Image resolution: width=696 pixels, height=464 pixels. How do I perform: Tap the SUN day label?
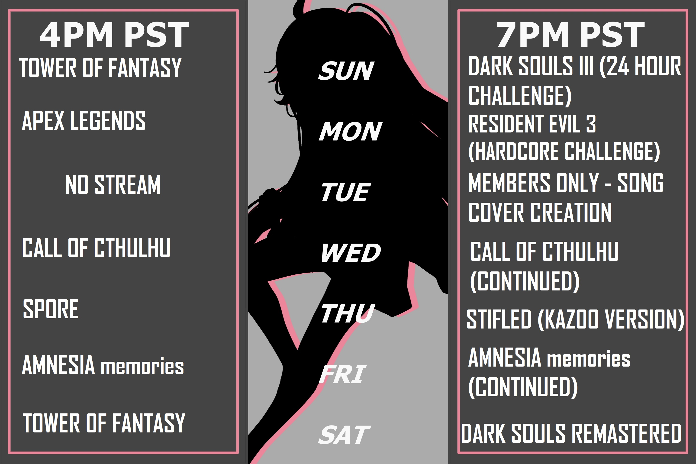346,71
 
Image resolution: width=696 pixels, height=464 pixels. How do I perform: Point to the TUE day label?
346,192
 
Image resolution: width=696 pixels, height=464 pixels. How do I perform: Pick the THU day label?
348,314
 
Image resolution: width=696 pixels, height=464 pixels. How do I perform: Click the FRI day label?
342,374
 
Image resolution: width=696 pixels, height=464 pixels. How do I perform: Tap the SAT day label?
344,435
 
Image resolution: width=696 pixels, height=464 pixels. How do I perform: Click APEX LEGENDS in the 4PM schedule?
84,120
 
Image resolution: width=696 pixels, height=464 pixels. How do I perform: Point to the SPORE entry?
51,309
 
